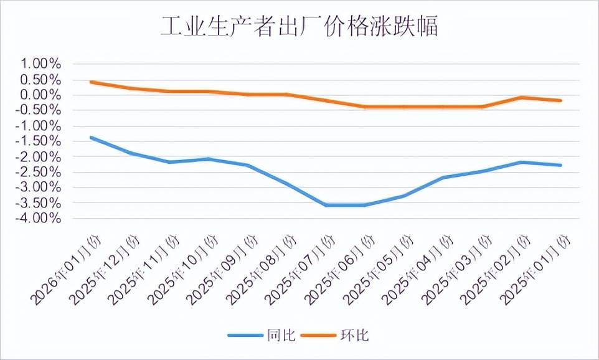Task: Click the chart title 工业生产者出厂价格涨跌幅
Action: click(299, 27)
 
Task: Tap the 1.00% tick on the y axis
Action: click(41, 64)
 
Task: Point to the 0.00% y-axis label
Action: click(41, 95)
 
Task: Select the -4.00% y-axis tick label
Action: click(39, 218)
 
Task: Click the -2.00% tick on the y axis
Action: click(39, 156)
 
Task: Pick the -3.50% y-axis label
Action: click(39, 202)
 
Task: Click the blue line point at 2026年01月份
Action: click(91, 137)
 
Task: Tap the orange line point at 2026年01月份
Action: click(91, 82)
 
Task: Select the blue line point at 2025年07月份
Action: click(326, 205)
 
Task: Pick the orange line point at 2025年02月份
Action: click(522, 97)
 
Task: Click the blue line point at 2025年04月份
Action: click(443, 177)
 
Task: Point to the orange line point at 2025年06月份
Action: click(365, 107)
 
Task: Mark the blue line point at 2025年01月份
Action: click(561, 165)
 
